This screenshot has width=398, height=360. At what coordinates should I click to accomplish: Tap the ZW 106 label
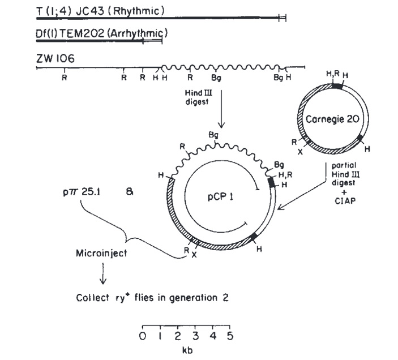pyautogui.click(x=54, y=58)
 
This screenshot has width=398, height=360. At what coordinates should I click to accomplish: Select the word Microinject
pyautogui.click(x=102, y=252)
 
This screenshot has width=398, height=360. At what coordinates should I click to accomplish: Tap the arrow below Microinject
pyautogui.click(x=102, y=276)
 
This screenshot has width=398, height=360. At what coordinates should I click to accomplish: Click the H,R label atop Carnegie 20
pyautogui.click(x=332, y=74)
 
